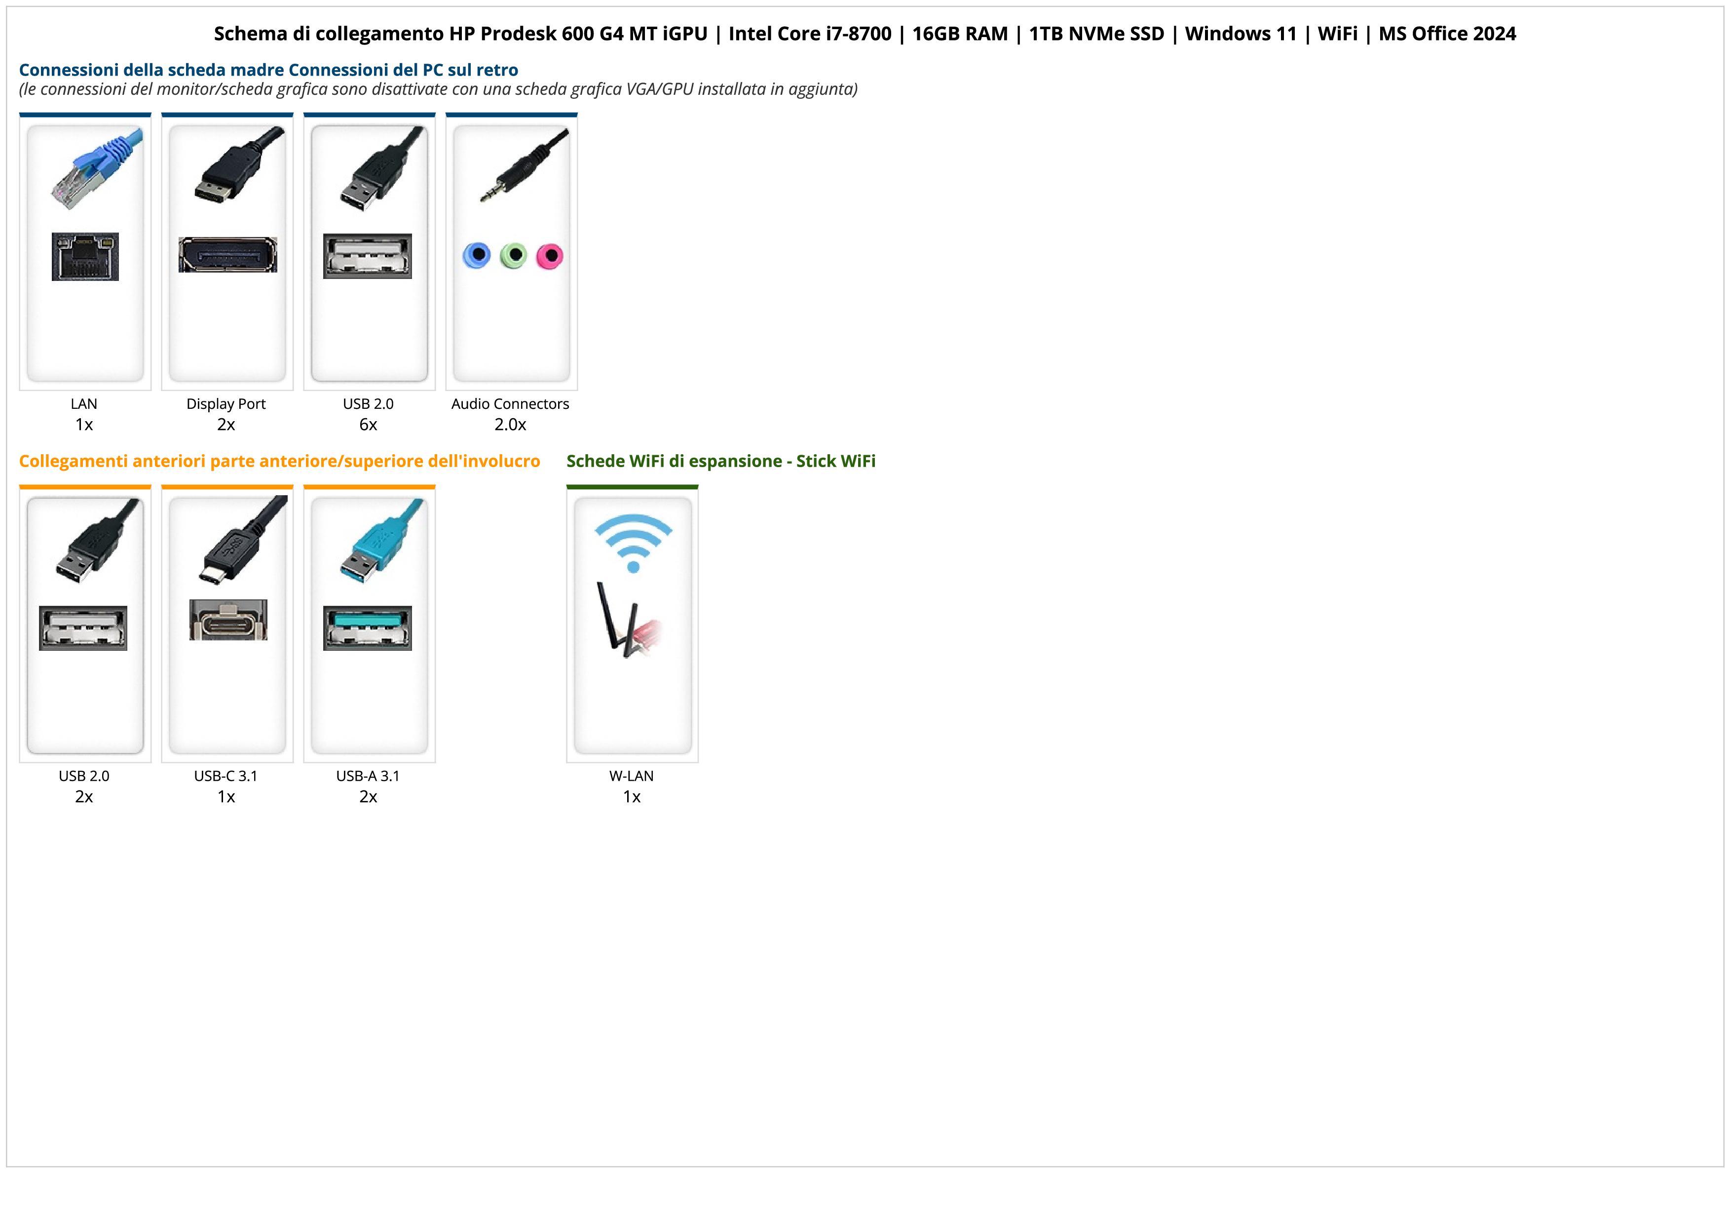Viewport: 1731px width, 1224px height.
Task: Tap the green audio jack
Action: [513, 256]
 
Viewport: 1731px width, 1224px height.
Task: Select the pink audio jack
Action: [550, 256]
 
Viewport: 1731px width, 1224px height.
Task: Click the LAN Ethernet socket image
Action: [85, 256]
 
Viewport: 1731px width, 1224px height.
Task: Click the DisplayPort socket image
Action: [227, 255]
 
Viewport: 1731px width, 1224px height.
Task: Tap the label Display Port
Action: [226, 403]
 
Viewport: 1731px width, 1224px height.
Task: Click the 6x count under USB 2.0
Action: [368, 425]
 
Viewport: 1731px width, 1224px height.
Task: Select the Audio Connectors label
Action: [510, 403]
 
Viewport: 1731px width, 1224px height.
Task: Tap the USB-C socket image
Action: [227, 620]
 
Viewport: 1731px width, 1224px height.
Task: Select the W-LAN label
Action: [631, 775]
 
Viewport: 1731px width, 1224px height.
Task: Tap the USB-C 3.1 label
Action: [226, 775]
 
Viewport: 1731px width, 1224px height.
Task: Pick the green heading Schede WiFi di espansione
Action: [674, 461]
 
